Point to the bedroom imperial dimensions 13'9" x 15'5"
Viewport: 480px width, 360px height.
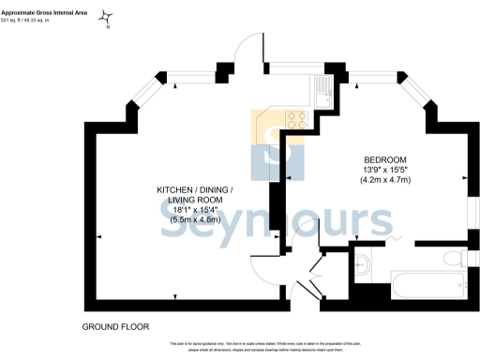(x=385, y=170)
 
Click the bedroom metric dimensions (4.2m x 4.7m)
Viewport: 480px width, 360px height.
(x=385, y=180)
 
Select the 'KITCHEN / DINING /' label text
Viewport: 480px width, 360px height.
(x=195, y=191)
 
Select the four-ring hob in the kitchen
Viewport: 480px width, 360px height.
(x=296, y=120)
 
